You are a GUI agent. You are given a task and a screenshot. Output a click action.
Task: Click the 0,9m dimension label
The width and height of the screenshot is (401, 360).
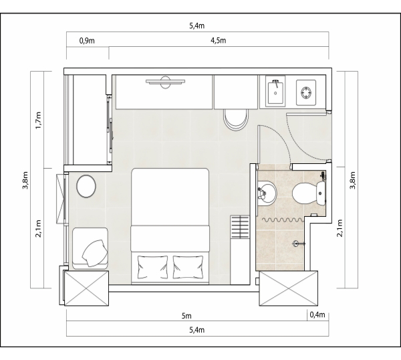[87, 40]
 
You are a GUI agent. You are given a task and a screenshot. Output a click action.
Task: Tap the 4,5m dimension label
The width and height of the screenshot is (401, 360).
[218, 40]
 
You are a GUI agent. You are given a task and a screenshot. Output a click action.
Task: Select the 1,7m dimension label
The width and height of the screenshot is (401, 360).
[38, 120]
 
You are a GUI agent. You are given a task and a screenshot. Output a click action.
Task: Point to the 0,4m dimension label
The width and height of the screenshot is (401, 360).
[317, 314]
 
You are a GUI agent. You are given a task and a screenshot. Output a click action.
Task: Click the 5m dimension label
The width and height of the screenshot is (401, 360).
[186, 316]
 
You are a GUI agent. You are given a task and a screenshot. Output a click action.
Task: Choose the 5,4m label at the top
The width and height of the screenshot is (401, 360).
[196, 26]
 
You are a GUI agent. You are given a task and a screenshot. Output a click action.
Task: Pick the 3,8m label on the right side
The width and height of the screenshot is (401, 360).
[353, 180]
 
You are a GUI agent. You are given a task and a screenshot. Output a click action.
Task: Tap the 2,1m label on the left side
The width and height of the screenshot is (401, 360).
[38, 228]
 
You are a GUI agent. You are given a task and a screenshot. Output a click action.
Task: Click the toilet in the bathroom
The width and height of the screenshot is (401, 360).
[309, 193]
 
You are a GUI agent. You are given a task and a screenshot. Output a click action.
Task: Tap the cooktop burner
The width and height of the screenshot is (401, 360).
[306, 93]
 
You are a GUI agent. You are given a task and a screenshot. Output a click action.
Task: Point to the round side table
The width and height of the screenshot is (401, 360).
[86, 186]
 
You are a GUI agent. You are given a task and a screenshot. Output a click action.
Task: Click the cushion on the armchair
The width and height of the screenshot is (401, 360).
[94, 253]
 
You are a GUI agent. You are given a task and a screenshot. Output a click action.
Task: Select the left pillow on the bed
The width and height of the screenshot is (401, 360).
[152, 267]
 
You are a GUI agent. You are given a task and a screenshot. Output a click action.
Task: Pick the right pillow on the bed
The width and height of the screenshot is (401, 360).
[188, 267]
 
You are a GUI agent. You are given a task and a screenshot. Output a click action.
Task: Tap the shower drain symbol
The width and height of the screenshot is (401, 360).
[296, 244]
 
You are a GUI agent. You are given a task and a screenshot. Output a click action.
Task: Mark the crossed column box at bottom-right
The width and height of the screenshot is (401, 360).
[289, 288]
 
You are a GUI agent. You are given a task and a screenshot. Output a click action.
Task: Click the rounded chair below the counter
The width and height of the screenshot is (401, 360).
[236, 120]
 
